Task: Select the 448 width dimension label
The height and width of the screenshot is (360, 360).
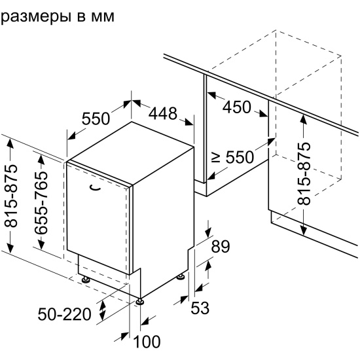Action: pyautogui.click(x=163, y=113)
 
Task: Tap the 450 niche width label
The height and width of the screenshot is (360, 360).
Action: pyautogui.click(x=237, y=107)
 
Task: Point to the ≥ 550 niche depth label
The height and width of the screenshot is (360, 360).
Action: pyautogui.click(x=232, y=157)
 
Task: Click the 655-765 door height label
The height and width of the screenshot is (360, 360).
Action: pyautogui.click(x=41, y=202)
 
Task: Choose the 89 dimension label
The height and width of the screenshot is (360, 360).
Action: pyautogui.click(x=221, y=246)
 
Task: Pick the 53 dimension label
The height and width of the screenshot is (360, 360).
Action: pyautogui.click(x=200, y=308)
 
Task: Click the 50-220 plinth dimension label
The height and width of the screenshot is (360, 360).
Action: pyautogui.click(x=65, y=314)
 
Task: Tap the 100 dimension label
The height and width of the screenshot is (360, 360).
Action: pyautogui.click(x=147, y=342)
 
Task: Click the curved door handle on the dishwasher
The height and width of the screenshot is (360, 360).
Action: pyautogui.click(x=95, y=188)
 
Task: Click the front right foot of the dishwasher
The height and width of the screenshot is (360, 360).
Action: pyautogui.click(x=140, y=302)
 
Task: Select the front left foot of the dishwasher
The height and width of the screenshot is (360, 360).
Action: pyautogui.click(x=86, y=279)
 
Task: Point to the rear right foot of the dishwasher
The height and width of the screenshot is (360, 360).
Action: pyautogui.click(x=181, y=276)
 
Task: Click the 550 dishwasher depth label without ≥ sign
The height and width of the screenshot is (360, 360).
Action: pyautogui.click(x=96, y=118)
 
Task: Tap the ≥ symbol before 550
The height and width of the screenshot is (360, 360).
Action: pyautogui.click(x=216, y=158)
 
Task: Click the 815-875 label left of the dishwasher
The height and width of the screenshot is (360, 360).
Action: pyautogui.click(x=10, y=196)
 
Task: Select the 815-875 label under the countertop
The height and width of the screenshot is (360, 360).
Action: pyautogui.click(x=304, y=174)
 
